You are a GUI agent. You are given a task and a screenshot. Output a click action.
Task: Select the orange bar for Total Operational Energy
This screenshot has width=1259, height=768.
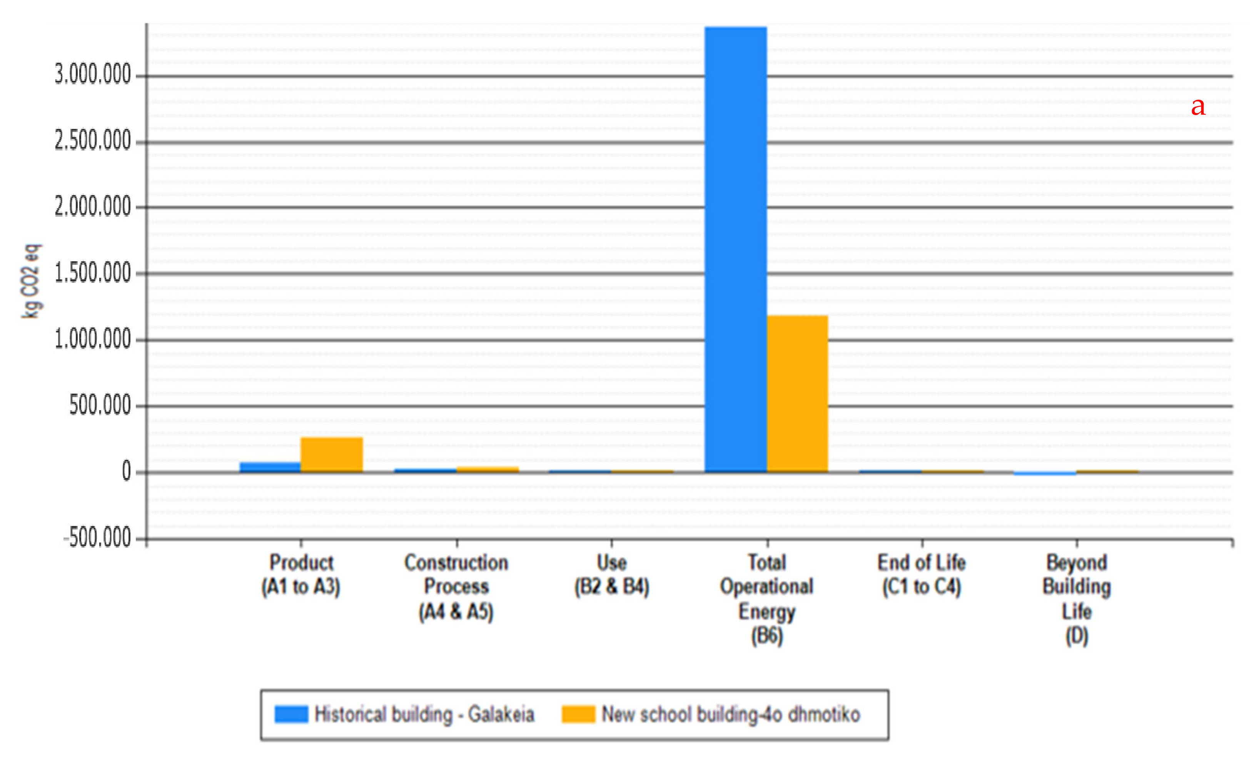pos(797,394)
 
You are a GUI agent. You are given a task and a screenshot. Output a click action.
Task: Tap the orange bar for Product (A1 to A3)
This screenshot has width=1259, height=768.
pos(332,454)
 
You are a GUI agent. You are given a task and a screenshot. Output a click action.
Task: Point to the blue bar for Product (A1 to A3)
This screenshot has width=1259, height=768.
pos(270,467)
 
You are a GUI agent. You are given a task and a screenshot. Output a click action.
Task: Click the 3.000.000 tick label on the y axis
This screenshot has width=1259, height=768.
pos(93,75)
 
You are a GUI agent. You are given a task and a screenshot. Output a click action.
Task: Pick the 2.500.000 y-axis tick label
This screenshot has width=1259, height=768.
pos(93,141)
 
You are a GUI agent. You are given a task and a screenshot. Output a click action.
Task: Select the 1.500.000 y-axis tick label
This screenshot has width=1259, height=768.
pos(93,273)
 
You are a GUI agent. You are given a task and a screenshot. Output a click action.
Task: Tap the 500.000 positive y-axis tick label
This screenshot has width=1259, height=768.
pos(100,406)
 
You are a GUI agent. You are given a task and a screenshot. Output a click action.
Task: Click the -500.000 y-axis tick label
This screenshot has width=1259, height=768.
pos(97,538)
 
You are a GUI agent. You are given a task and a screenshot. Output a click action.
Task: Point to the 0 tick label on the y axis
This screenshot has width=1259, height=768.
pos(126,471)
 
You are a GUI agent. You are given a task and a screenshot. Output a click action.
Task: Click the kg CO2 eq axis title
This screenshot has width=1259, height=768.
pos(31,281)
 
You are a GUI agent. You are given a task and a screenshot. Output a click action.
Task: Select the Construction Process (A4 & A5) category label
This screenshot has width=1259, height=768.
pos(456,587)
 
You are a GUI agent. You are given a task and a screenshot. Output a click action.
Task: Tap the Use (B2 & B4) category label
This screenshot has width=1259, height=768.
pos(612,575)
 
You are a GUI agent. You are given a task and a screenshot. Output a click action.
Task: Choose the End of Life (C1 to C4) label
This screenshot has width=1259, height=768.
pos(921,575)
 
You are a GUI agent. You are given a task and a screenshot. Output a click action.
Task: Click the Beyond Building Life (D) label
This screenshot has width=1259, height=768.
pos(1077,599)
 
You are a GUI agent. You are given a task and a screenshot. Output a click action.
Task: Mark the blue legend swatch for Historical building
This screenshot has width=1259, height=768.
pos(291,714)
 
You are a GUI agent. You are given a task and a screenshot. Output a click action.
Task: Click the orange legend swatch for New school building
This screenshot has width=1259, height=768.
pos(578,714)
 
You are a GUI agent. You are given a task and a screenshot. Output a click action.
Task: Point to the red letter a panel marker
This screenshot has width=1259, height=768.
pos(1198,107)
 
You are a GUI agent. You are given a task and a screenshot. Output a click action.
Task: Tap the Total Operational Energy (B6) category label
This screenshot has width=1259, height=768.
pos(766,599)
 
